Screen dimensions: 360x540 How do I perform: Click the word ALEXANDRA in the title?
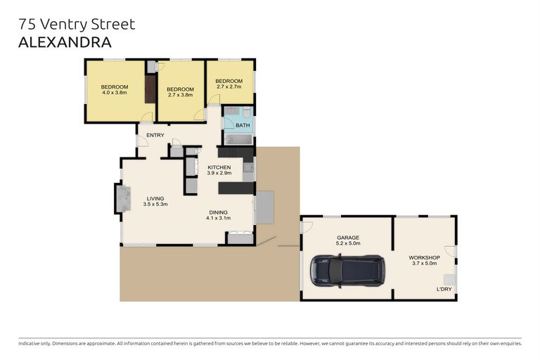coord(64,42)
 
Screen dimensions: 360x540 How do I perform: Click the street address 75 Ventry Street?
coord(77,25)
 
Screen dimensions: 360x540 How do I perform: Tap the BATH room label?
coord(243,125)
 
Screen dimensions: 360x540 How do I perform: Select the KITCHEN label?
coord(219,167)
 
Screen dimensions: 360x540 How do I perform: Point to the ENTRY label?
coord(155,135)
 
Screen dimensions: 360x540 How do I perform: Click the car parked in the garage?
coord(347,271)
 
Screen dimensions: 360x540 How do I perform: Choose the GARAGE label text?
coord(348,238)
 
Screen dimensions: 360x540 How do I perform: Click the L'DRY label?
coord(444,289)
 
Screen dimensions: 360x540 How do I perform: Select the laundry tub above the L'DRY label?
coord(449,278)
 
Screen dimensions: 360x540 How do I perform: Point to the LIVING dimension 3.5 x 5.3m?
coord(155,204)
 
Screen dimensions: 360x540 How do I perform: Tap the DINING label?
coord(218,212)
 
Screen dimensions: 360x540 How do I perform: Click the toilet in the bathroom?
coord(247,112)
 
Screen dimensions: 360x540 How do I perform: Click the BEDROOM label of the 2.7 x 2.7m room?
coord(229,81)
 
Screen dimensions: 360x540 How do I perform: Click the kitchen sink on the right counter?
coord(247,167)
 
